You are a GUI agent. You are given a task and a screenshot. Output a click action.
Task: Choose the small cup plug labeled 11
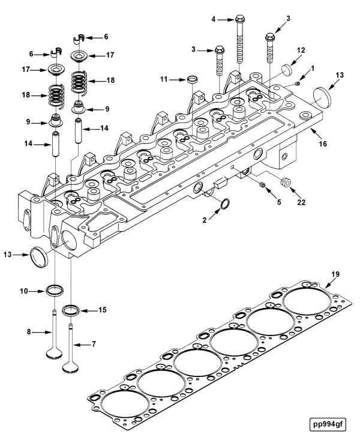coord(192,79)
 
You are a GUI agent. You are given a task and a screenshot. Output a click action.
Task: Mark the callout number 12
coord(301,50)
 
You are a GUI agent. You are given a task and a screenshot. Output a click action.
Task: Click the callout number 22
coord(301,202)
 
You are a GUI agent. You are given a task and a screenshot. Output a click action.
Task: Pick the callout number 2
coord(205,221)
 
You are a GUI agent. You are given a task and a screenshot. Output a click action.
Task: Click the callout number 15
coord(102,310)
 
